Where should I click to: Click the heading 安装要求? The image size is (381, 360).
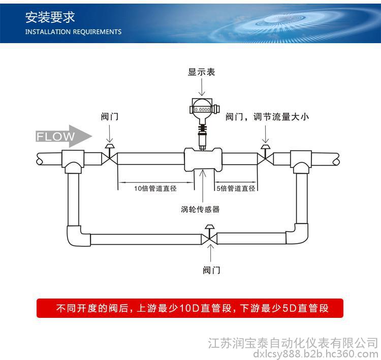(50, 18)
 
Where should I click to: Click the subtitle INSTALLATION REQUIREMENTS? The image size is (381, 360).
(73, 31)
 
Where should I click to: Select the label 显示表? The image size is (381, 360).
(202, 72)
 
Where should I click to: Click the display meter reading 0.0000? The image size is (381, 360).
(202, 109)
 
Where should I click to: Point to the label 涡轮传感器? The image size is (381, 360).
(200, 209)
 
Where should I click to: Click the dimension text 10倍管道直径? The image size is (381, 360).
(155, 188)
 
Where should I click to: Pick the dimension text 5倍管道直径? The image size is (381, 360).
(236, 188)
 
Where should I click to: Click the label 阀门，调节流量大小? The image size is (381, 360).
(267, 117)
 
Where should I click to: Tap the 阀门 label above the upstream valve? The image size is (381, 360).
(109, 117)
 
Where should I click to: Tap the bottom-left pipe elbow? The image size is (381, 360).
(77, 236)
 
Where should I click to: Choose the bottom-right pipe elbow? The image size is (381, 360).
(297, 235)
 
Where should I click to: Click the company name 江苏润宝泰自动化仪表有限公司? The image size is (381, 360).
(293, 342)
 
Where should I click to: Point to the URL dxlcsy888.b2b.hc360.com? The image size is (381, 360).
(315, 353)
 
